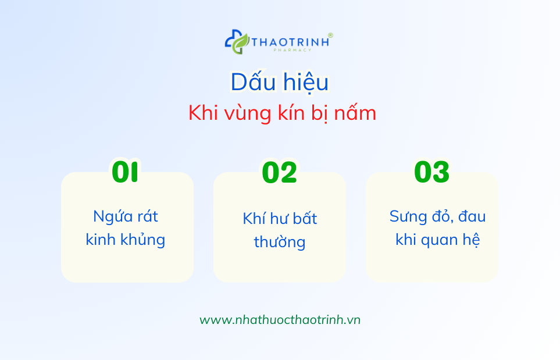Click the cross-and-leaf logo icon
(237, 42)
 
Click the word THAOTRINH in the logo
(289, 41)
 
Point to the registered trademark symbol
(330, 35)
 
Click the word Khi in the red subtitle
(202, 113)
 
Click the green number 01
(126, 173)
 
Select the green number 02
(280, 173)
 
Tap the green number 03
(431, 173)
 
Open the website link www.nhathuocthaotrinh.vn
(280, 320)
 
